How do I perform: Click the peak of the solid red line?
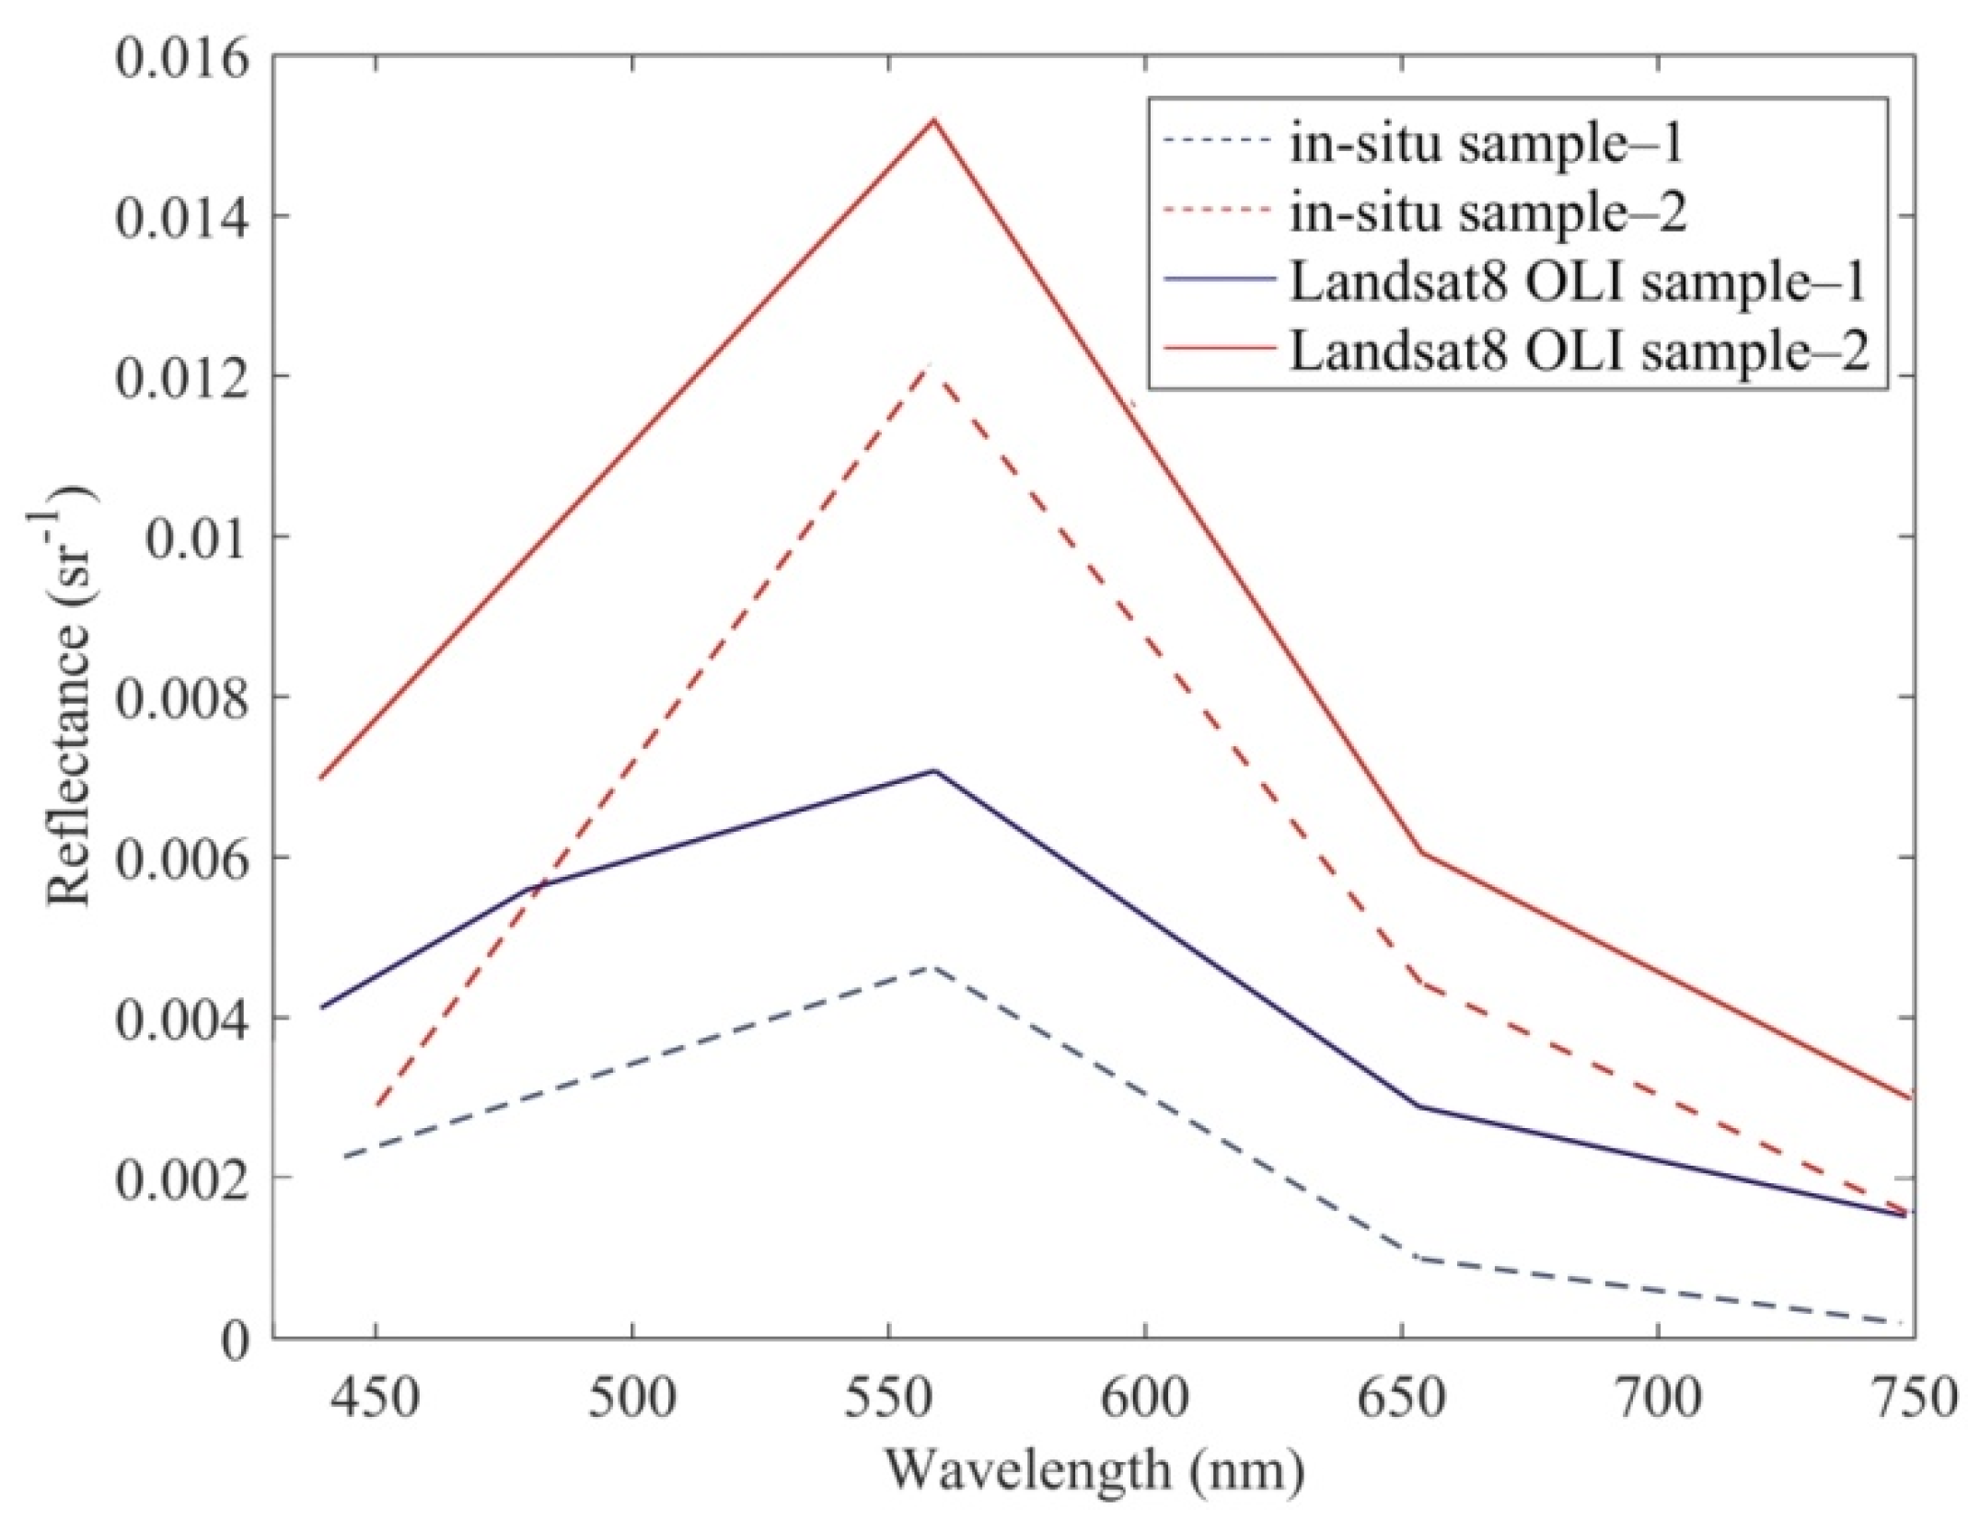tap(933, 120)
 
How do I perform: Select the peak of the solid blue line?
tap(933, 770)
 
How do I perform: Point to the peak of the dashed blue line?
tap(933, 967)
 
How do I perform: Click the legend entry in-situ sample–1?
tap(1485, 144)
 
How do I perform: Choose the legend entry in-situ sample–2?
tap(1487, 213)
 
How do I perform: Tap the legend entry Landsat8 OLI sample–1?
tap(1577, 282)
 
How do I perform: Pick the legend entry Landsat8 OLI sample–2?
tap(1579, 351)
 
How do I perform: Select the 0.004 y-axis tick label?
tap(181, 1019)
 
